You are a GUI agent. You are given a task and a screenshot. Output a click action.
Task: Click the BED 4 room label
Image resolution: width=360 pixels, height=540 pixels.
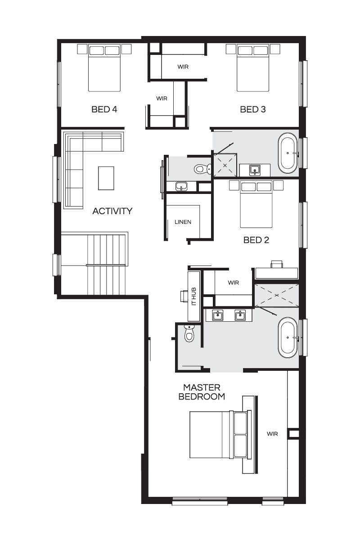[104, 109]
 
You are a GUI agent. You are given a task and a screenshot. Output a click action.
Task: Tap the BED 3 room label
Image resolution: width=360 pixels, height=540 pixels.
[253, 109]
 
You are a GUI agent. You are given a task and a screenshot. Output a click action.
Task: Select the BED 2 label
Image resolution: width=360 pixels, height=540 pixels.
[256, 240]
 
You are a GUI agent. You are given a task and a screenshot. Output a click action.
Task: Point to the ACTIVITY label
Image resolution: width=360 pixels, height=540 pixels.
[112, 211]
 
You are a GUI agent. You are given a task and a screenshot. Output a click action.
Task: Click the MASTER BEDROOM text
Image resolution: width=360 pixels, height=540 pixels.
[202, 392]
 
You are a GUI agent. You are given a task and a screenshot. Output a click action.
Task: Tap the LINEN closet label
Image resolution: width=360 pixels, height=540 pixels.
[183, 222]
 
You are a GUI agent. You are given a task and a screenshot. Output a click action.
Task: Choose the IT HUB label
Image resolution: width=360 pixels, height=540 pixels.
[194, 297]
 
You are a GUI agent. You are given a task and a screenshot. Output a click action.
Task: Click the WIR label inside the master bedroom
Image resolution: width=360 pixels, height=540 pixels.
[272, 434]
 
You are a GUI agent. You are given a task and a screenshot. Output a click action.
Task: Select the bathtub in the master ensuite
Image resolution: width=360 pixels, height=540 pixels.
[288, 337]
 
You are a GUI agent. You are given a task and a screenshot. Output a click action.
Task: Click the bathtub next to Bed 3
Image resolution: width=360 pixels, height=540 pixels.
[288, 153]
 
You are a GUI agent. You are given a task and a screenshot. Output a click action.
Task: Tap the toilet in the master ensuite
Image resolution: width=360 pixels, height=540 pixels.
[189, 333]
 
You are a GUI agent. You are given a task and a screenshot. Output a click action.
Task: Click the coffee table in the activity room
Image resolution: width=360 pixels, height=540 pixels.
[106, 178]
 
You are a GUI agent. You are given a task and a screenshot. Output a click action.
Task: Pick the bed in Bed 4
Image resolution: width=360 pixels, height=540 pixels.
[104, 68]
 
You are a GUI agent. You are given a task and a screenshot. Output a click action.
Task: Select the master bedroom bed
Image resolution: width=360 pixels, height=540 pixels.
[220, 434]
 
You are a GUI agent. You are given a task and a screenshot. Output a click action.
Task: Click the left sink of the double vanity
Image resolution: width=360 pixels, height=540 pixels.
[217, 315]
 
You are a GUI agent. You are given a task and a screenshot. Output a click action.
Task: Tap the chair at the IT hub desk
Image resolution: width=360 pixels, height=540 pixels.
[184, 296]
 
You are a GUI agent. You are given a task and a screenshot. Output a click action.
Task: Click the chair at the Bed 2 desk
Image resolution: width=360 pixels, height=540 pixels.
[277, 264]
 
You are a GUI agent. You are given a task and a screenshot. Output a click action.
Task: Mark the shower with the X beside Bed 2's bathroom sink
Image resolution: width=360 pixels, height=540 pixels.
[225, 166]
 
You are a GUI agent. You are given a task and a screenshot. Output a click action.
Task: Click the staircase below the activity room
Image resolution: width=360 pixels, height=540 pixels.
[94, 263]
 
